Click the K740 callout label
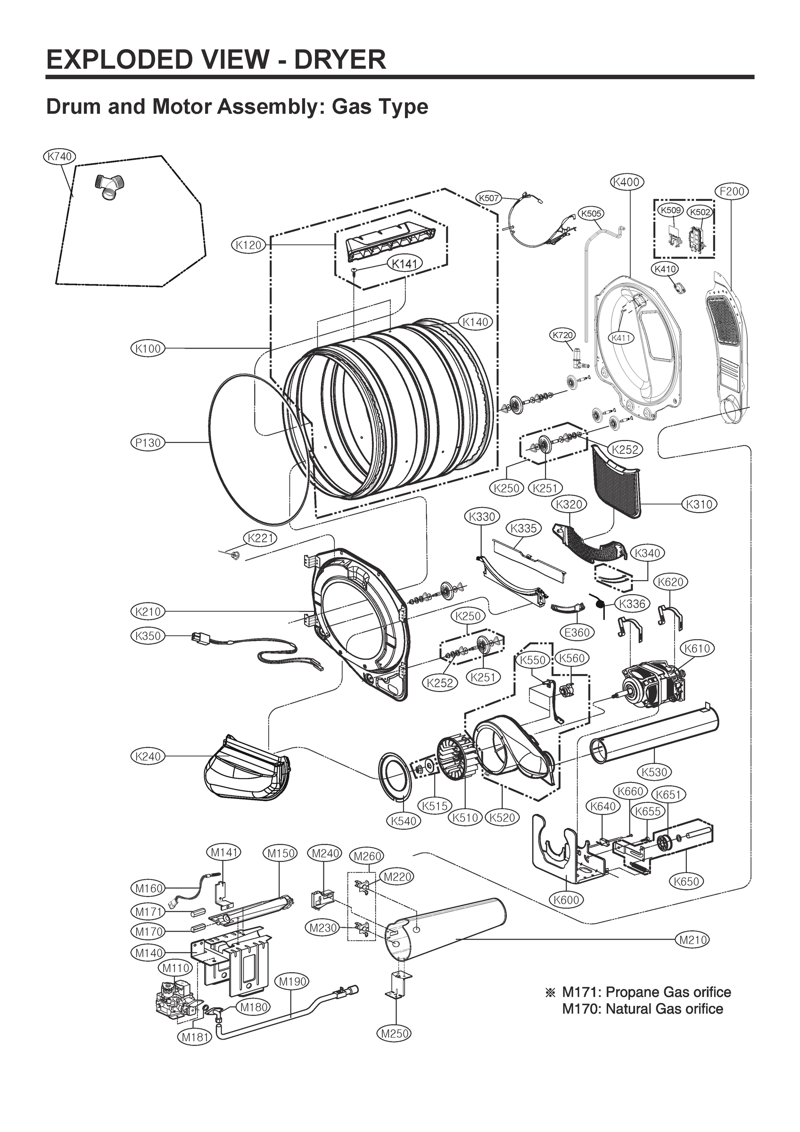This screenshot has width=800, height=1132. pos(59,157)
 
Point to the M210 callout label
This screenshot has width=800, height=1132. pos(693,940)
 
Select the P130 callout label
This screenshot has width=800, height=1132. pos(148,443)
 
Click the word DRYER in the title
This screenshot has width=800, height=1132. pos(339,60)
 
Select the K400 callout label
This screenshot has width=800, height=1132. pos(627,182)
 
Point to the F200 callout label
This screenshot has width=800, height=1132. pos(732,191)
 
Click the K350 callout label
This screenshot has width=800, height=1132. pos(148,636)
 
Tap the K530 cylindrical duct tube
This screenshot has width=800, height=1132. pos(654,740)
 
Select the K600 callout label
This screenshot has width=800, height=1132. pos(566,899)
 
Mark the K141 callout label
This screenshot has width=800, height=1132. pos(404,264)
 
